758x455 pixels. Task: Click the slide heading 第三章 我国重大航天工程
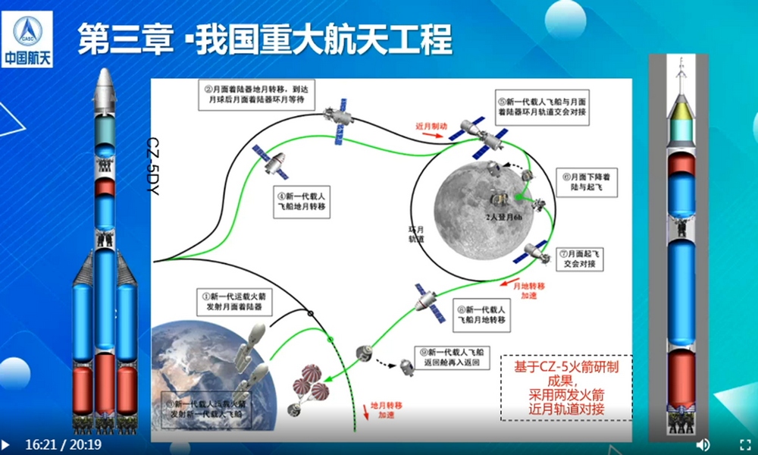(x=265, y=37)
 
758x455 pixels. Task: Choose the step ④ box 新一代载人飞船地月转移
(x=305, y=204)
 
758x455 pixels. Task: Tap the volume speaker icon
(x=703, y=444)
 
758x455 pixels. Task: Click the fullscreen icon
(x=744, y=444)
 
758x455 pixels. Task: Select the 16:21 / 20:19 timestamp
(x=64, y=444)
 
